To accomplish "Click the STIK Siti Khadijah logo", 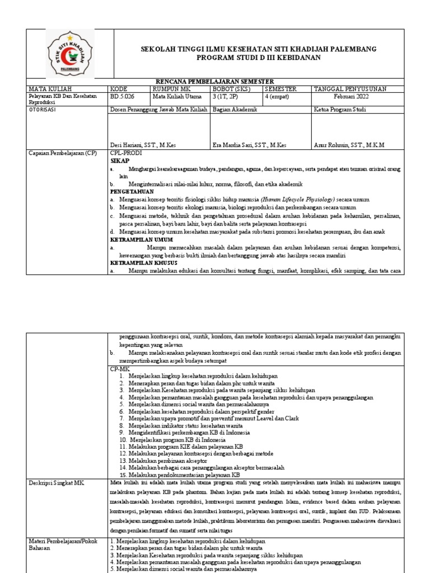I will [x=70, y=54].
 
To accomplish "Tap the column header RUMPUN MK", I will [x=170, y=89].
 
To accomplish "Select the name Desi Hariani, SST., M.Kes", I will [x=143, y=145].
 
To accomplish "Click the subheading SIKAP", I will [x=119, y=160].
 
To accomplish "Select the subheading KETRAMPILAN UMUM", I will [x=142, y=239].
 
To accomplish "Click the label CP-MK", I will [x=119, y=369].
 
